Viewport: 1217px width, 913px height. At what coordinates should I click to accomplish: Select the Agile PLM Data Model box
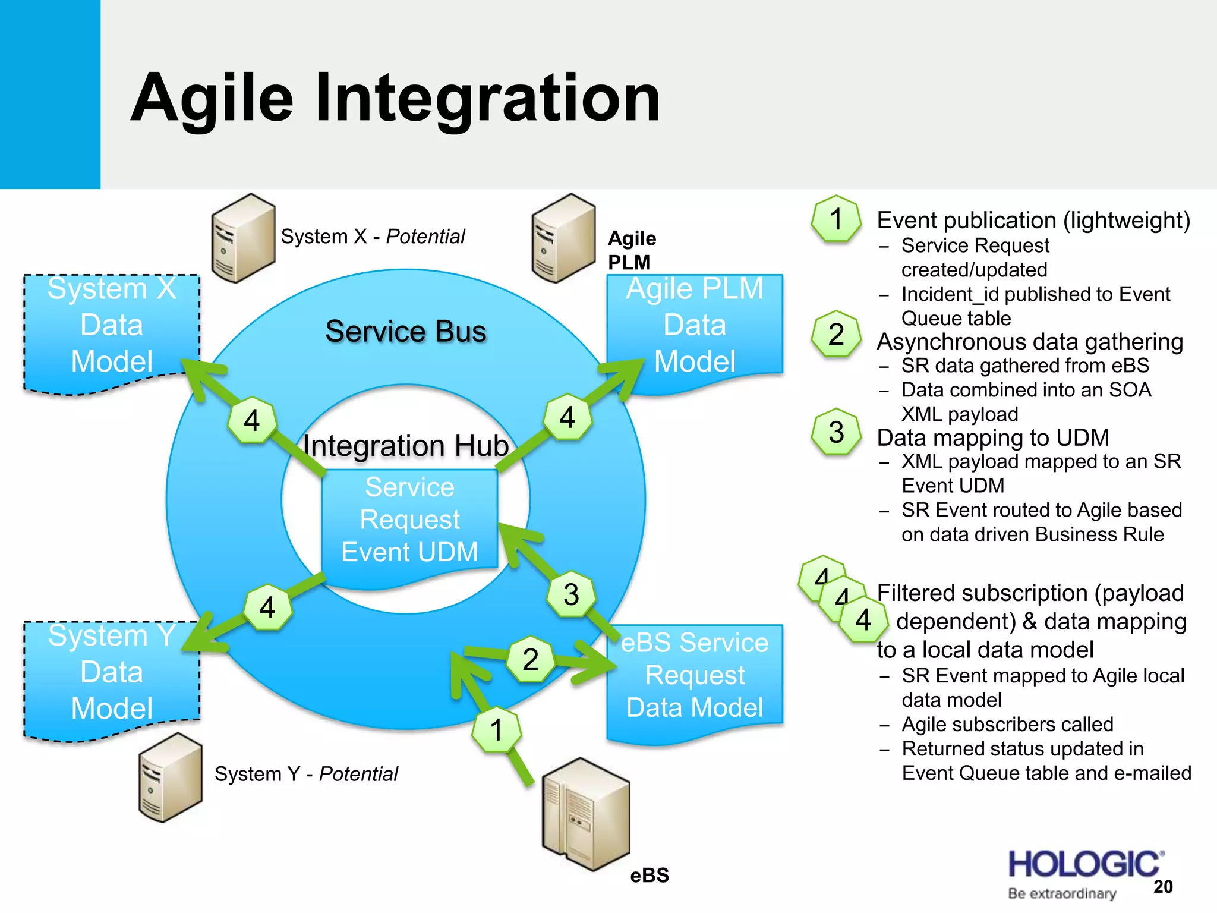point(694,326)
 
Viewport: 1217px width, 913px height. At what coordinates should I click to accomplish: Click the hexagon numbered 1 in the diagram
point(497,730)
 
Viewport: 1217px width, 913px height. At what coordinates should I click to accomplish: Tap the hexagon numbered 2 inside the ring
point(530,659)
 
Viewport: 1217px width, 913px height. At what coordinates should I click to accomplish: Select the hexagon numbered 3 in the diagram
point(571,594)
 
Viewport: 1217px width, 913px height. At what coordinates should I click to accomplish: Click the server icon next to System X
point(243,238)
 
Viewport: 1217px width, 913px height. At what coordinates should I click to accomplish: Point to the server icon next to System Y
point(170,777)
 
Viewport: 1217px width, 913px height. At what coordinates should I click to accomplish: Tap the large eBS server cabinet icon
point(586,814)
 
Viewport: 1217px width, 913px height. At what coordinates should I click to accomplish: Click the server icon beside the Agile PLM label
point(563,238)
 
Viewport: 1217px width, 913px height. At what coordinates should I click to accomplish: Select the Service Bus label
point(406,331)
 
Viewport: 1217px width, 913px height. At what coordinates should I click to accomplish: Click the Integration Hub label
point(406,446)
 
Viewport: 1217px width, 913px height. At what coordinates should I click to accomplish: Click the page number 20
point(1163,887)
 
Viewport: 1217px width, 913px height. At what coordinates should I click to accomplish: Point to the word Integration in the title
point(487,98)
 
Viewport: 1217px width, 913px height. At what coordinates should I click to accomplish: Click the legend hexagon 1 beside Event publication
point(836,219)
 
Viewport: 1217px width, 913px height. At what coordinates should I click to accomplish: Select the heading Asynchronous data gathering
point(1030,342)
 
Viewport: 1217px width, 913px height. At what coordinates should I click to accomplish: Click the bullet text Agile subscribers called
point(1007,724)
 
